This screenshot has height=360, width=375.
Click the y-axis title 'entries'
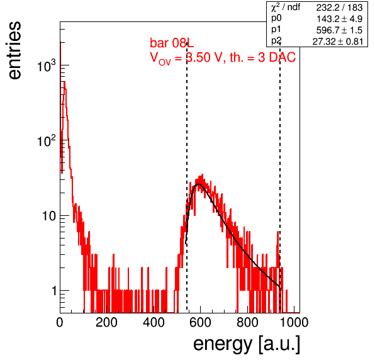15,50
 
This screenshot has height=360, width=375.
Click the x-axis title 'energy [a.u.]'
247,344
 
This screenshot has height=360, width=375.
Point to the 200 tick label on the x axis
106,322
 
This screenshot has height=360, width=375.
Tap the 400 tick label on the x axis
154,322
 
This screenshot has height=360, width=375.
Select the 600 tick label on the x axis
200,322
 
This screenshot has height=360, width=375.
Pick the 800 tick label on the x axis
247,322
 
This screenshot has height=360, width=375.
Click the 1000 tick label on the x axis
294,322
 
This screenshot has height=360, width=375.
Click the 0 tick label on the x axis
60,322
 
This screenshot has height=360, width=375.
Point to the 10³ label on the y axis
47,65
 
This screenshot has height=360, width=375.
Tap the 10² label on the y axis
47,140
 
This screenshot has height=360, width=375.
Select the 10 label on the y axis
49,216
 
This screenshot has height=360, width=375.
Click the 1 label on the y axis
54,291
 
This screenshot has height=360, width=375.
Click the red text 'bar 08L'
172,43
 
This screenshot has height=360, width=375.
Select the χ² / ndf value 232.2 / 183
339,8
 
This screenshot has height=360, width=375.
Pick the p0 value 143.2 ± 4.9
339,19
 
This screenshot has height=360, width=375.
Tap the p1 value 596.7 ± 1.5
339,30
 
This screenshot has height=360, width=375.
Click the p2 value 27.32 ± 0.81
338,42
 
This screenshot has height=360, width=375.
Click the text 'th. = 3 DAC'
262,57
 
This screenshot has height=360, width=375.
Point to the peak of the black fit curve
198,184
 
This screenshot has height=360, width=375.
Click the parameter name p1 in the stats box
276,29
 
